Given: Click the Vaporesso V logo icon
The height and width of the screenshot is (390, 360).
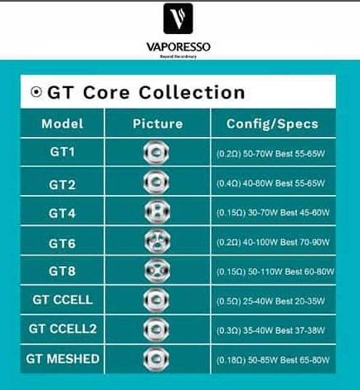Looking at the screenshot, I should (180, 22).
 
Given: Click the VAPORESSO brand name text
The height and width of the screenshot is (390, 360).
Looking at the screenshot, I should (180, 46).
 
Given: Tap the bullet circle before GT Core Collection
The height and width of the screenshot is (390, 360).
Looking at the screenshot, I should (36, 92).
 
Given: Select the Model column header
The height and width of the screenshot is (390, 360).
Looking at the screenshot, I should (63, 124).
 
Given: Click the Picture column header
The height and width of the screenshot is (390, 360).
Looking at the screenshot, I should (158, 124).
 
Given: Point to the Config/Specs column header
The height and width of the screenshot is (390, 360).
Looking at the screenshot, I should (272, 124).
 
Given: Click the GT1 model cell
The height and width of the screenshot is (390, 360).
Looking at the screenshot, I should (63, 153).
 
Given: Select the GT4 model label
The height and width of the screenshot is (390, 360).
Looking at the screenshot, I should (63, 213).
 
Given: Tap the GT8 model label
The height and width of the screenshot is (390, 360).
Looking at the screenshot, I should (63, 271).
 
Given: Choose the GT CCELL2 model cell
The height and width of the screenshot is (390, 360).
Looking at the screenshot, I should (63, 329).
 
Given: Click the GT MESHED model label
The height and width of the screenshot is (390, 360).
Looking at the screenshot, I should (63, 358).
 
